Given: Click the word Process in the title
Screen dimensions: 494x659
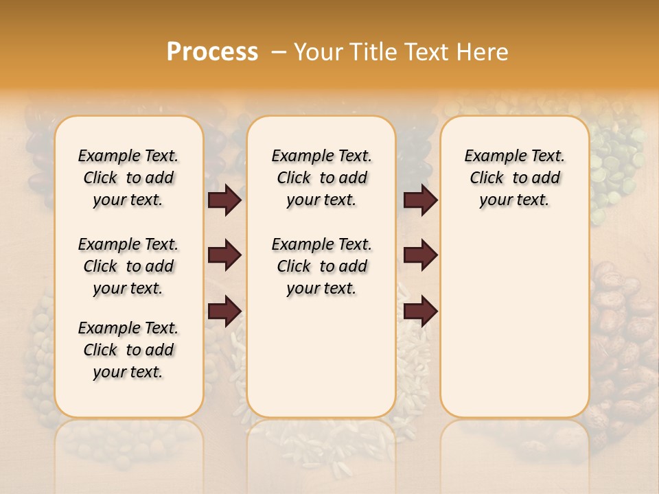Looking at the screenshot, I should point(212,52).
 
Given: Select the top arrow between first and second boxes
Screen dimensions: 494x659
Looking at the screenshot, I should point(224,200).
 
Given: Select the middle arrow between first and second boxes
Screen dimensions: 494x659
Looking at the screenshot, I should point(224,255).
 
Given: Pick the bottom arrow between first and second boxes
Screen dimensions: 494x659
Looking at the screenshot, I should point(224,311).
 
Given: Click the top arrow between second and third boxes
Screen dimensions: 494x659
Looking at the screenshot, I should point(420,200).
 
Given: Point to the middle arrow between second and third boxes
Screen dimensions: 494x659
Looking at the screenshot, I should point(420,255).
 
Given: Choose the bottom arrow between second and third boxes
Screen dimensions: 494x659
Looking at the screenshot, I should point(420,311).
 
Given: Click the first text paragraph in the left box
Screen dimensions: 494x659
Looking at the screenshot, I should point(128,178).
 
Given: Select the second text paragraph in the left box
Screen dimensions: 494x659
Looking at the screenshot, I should point(128,266).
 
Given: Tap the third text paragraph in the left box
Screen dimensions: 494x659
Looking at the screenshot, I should point(128,350).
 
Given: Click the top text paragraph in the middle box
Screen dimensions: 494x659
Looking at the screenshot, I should point(321,178).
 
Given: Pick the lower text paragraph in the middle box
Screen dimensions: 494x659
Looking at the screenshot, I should point(321,266).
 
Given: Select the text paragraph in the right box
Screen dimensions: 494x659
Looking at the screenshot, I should point(514,178).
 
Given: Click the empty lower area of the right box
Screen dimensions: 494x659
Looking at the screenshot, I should point(514,329).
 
